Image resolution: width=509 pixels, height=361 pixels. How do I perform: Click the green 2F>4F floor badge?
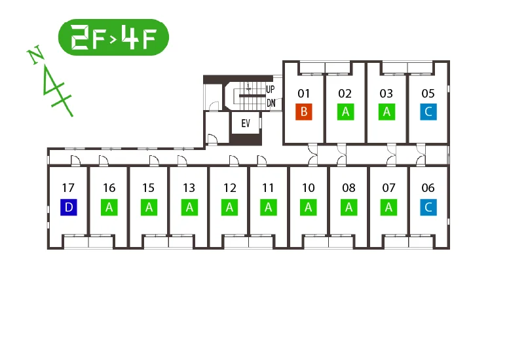(x=113, y=37)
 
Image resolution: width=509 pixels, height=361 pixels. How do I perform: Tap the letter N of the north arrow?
(x=36, y=54)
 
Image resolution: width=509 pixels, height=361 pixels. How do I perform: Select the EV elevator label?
(x=246, y=123)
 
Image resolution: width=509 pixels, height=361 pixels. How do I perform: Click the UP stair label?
(x=271, y=89)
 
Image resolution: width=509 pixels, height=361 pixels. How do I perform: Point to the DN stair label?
(x=271, y=104)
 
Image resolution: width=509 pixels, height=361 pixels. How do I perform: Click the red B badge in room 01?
(x=304, y=111)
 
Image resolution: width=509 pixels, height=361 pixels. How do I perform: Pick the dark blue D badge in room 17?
(x=69, y=207)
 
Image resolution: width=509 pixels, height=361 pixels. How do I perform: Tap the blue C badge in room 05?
(x=428, y=111)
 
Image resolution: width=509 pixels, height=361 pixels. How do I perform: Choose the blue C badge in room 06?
(x=428, y=207)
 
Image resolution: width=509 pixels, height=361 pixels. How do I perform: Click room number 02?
(x=345, y=94)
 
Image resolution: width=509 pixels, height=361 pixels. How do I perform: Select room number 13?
(x=189, y=188)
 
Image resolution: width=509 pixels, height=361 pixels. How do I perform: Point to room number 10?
(x=309, y=188)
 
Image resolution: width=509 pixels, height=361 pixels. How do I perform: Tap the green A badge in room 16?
(x=109, y=207)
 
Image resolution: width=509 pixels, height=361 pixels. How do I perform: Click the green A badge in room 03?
(x=386, y=111)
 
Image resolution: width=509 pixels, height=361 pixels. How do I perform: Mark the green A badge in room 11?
(x=269, y=207)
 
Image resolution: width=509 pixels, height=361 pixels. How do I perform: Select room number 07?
(x=388, y=188)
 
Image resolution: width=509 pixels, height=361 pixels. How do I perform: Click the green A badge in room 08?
(x=349, y=207)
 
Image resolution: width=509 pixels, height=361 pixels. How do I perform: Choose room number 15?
(x=148, y=188)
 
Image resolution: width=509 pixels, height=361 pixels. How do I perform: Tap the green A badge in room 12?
(x=229, y=207)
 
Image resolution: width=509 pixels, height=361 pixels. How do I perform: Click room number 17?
(x=68, y=188)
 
